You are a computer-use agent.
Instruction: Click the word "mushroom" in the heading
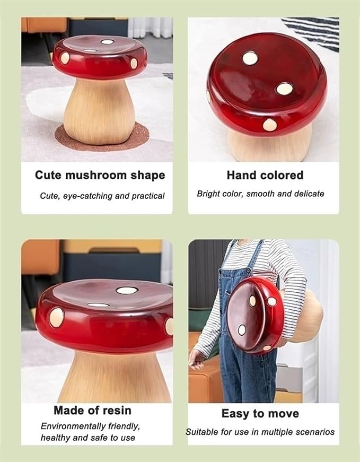point(96,175)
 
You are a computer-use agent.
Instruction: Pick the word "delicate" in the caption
point(309,194)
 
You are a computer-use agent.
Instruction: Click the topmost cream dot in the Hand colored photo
point(250,58)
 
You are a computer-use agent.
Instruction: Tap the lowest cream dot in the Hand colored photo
point(270,125)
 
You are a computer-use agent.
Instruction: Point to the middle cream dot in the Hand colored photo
point(285,89)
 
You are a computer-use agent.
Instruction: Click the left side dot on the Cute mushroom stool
point(65,58)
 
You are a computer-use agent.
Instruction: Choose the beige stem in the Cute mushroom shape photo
point(99,112)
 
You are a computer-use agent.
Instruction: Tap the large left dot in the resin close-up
point(57,318)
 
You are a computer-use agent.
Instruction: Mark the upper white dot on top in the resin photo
point(127,291)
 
